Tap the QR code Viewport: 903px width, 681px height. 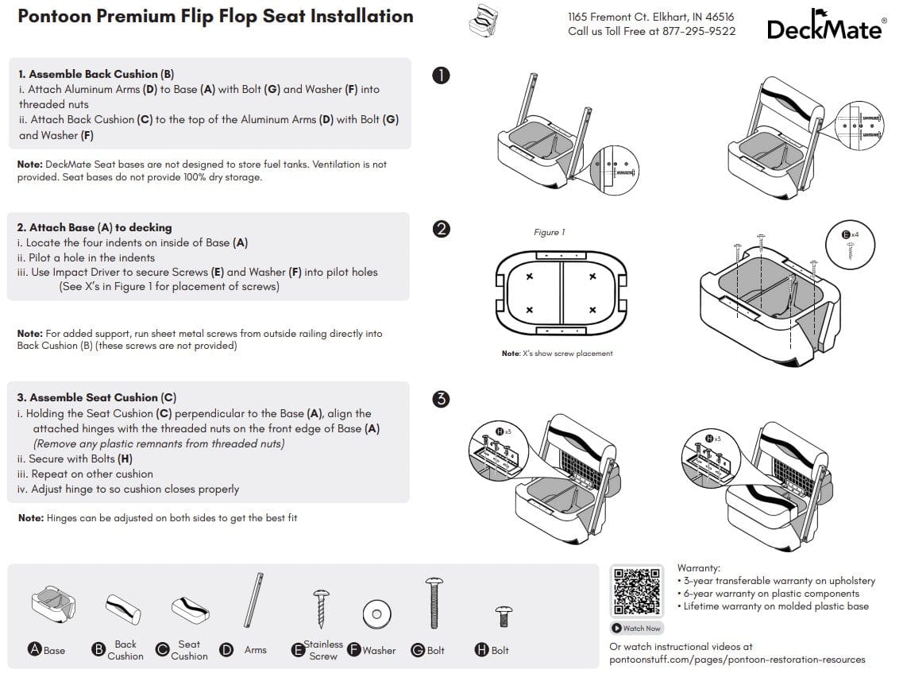(x=636, y=591)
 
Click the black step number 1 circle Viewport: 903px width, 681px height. (x=441, y=75)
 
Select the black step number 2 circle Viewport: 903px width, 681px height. (x=441, y=229)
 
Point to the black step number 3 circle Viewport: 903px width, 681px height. (x=441, y=399)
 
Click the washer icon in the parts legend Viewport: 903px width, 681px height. (x=376, y=614)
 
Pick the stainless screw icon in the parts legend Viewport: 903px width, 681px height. (x=322, y=609)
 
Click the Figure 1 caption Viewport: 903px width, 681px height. (x=549, y=232)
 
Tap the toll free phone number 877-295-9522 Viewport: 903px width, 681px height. (x=699, y=32)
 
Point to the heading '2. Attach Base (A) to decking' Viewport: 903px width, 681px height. (x=95, y=227)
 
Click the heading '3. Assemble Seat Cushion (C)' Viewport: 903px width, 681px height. (x=97, y=397)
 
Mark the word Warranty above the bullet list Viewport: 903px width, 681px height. (x=698, y=568)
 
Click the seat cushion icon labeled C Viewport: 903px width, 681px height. (x=190, y=609)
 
